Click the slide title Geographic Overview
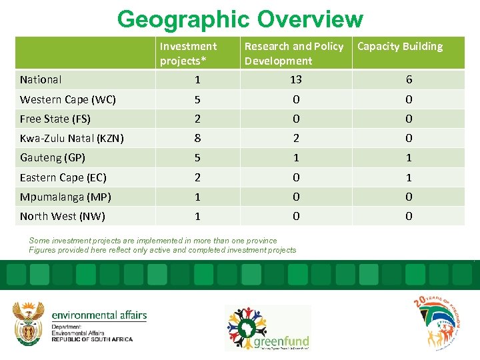pyautogui.click(x=240, y=19)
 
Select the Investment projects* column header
pyautogui.click(x=188, y=53)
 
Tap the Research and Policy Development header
pyautogui.click(x=293, y=53)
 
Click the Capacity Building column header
pyautogui.click(x=400, y=47)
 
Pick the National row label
pyautogui.click(x=41, y=80)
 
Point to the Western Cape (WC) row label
pyautogui.click(x=67, y=100)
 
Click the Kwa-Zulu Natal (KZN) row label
pyautogui.click(x=71, y=139)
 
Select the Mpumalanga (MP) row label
pyautogui.click(x=65, y=197)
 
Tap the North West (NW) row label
pyautogui.click(x=62, y=217)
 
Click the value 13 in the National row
pyautogui.click(x=295, y=80)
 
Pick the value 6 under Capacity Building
pyautogui.click(x=409, y=80)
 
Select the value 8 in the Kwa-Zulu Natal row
pyautogui.click(x=197, y=139)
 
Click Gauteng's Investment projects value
pyautogui.click(x=197, y=158)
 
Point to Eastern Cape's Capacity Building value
pyautogui.click(x=409, y=178)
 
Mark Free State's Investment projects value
pyautogui.click(x=197, y=119)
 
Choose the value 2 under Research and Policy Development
pyautogui.click(x=295, y=139)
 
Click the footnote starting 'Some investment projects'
pyautogui.click(x=153, y=241)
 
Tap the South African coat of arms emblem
pyautogui.click(x=29, y=323)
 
